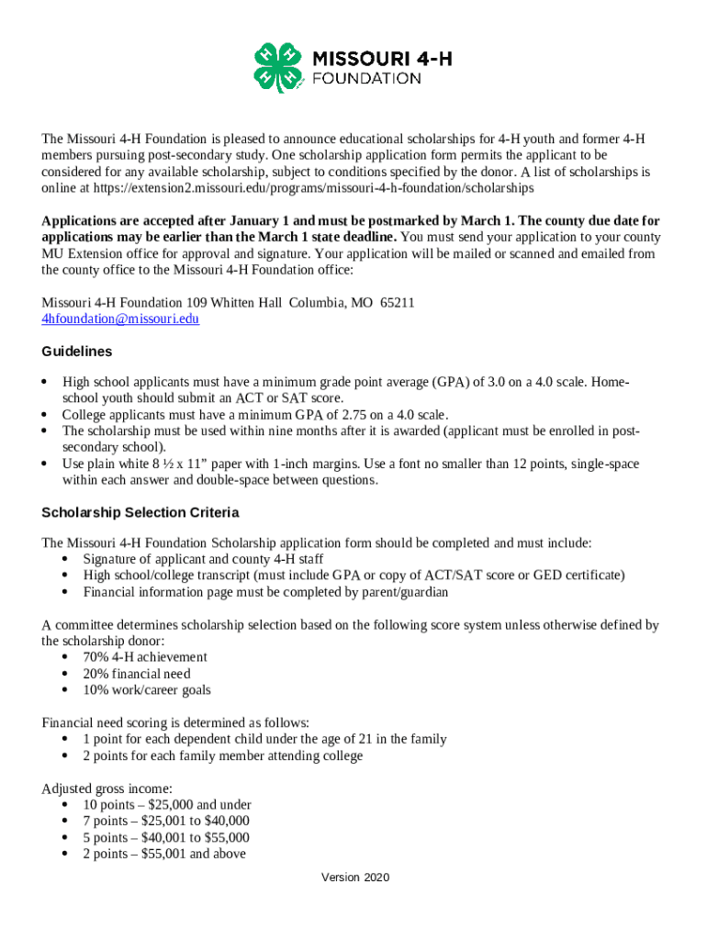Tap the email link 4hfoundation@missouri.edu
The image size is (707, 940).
point(120,319)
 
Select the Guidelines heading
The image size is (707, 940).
point(77,352)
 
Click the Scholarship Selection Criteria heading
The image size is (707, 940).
point(140,512)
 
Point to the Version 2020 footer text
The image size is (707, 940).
point(355,878)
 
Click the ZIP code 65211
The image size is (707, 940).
point(398,303)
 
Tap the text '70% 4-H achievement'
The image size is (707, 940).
point(145,657)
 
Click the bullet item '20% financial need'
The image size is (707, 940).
point(137,674)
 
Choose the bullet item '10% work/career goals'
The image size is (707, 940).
point(147,690)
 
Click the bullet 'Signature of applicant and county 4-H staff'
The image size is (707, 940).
point(203,559)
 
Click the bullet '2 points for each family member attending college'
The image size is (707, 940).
point(222,756)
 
